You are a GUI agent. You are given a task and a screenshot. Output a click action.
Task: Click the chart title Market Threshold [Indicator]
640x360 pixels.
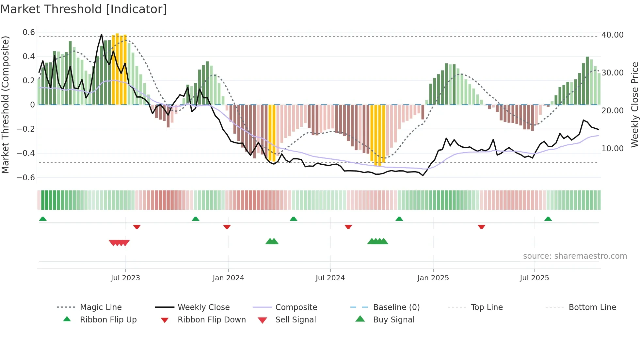84,9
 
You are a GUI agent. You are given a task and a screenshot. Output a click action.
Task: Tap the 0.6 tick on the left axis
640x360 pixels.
29,32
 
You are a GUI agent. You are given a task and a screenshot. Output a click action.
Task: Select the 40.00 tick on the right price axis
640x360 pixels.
612,35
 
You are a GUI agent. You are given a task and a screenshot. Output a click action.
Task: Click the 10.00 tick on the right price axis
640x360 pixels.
612,149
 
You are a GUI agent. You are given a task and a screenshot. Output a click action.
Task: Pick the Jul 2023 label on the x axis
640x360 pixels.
125,278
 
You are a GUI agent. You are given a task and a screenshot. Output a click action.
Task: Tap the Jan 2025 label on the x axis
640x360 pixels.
433,278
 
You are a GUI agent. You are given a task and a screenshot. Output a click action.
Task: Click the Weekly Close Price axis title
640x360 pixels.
634,105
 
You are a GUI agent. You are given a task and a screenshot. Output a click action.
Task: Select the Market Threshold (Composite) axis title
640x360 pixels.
5,105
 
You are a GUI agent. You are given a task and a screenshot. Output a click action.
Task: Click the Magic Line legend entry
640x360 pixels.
101,307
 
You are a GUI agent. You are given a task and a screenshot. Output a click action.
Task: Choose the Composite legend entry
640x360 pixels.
296,307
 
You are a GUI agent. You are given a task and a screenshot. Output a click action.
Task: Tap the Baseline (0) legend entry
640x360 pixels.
396,307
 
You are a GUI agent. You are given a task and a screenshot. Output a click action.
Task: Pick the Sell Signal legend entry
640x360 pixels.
296,320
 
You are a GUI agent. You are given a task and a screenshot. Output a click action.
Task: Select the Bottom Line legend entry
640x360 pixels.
592,307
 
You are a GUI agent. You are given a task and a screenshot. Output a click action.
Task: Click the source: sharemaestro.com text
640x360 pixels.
575,256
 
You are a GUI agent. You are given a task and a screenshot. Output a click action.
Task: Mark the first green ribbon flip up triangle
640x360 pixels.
43,219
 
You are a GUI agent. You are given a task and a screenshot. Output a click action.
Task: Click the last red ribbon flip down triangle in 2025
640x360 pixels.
481,227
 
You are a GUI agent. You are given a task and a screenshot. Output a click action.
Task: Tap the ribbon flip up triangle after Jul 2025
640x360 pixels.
548,219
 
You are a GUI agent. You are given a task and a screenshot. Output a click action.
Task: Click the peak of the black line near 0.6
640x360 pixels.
102,34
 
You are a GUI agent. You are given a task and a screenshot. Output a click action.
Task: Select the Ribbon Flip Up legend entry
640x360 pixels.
108,320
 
